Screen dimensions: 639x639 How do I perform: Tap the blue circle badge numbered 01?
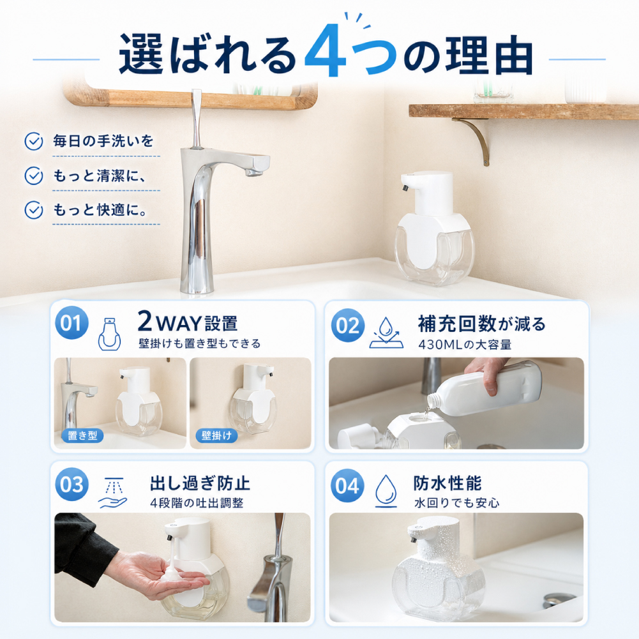[x=71, y=323]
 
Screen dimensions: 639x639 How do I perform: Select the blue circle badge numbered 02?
[x=348, y=325]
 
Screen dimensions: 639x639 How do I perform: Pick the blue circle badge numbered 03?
[x=71, y=484]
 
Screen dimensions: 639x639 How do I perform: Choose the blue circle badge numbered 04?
[x=348, y=485]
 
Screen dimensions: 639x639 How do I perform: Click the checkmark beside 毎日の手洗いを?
[x=34, y=142]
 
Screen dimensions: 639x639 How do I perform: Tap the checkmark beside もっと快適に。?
[x=34, y=210]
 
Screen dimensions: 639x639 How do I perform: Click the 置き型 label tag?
[x=83, y=435]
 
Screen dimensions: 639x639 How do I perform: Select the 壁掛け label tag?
[x=216, y=435]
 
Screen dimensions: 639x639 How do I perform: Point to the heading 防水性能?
[x=447, y=483]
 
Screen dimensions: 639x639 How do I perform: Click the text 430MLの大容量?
[x=465, y=345]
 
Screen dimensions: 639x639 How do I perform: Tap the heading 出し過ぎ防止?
[x=200, y=483]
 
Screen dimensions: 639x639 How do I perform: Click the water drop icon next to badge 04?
[x=386, y=491]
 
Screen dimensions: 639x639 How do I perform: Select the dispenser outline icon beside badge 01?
[x=109, y=334]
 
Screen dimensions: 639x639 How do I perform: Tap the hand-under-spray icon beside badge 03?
[x=112, y=493]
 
